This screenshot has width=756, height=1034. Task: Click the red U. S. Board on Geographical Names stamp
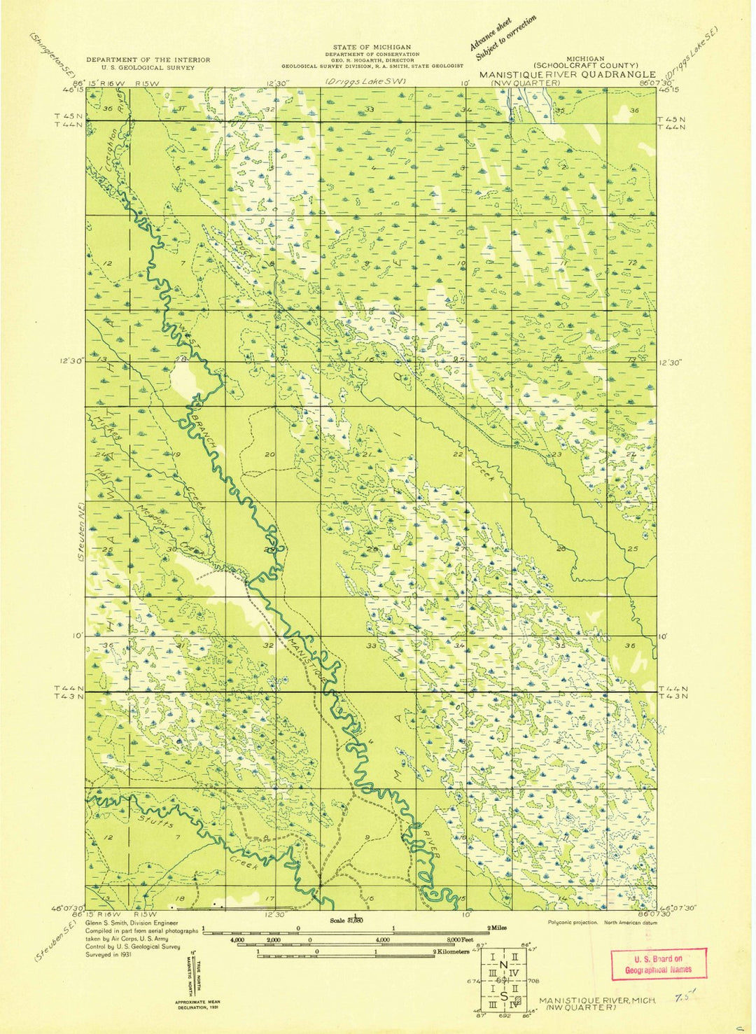click(x=658, y=964)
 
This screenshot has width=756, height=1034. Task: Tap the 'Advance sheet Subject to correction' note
click(x=503, y=39)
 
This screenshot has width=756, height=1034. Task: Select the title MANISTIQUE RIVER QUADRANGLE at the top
click(x=567, y=74)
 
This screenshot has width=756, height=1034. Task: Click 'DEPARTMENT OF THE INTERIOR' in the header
click(x=148, y=60)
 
